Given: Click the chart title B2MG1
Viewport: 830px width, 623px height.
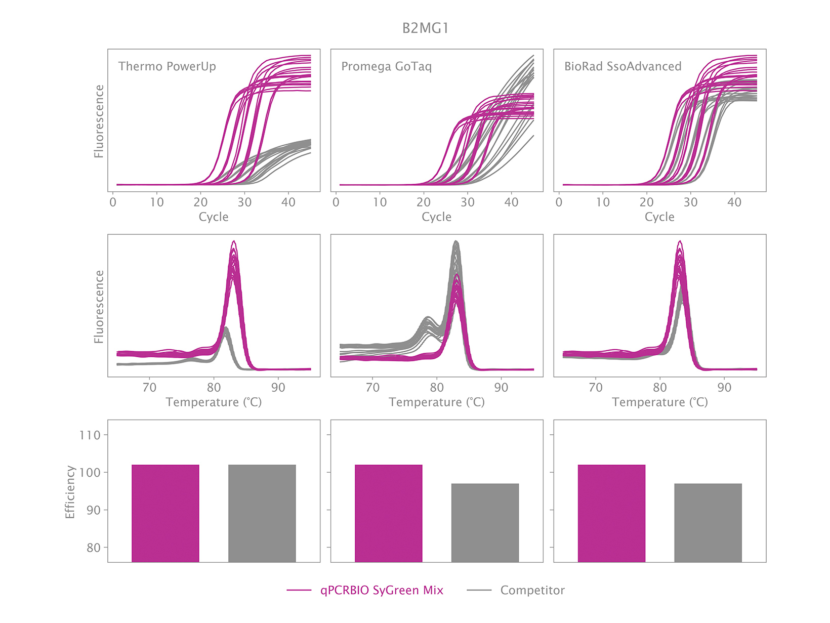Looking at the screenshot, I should click(425, 28).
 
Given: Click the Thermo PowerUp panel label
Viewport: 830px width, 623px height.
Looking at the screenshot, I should click(167, 66).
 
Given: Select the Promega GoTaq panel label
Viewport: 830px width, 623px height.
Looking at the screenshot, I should click(386, 66).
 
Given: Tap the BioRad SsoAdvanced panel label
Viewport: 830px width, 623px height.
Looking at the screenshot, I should click(622, 66).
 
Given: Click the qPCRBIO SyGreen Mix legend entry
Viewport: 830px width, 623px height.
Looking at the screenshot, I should click(381, 590).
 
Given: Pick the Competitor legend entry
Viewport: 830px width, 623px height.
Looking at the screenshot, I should click(532, 590).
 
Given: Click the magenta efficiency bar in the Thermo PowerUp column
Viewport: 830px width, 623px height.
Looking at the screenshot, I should click(165, 513).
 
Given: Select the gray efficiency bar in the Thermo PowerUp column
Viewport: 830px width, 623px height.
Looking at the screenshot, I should click(262, 513).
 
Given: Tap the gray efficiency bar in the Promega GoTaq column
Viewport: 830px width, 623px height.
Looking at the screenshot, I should click(485, 523).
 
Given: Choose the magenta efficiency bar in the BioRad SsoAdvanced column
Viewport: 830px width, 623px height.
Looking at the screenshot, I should click(611, 513).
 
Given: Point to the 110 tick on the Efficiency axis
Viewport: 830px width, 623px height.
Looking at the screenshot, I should click(90, 435).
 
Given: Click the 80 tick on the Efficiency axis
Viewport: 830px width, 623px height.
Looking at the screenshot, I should click(93, 548).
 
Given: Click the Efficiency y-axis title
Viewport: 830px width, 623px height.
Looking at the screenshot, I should click(70, 492).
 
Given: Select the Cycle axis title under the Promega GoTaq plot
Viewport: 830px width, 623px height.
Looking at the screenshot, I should click(436, 217).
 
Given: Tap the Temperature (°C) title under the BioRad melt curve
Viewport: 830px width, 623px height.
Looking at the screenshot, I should click(659, 402).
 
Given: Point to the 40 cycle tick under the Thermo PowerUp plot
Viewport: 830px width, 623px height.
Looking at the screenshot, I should click(288, 202).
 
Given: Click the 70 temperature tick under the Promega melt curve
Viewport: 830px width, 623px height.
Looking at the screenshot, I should click(372, 388).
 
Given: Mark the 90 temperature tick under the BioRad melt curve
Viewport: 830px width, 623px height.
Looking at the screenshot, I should click(724, 388).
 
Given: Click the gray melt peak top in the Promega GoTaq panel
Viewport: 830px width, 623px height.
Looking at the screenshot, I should click(456, 242).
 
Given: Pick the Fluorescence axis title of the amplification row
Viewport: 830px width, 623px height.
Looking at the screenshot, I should click(99, 121).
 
